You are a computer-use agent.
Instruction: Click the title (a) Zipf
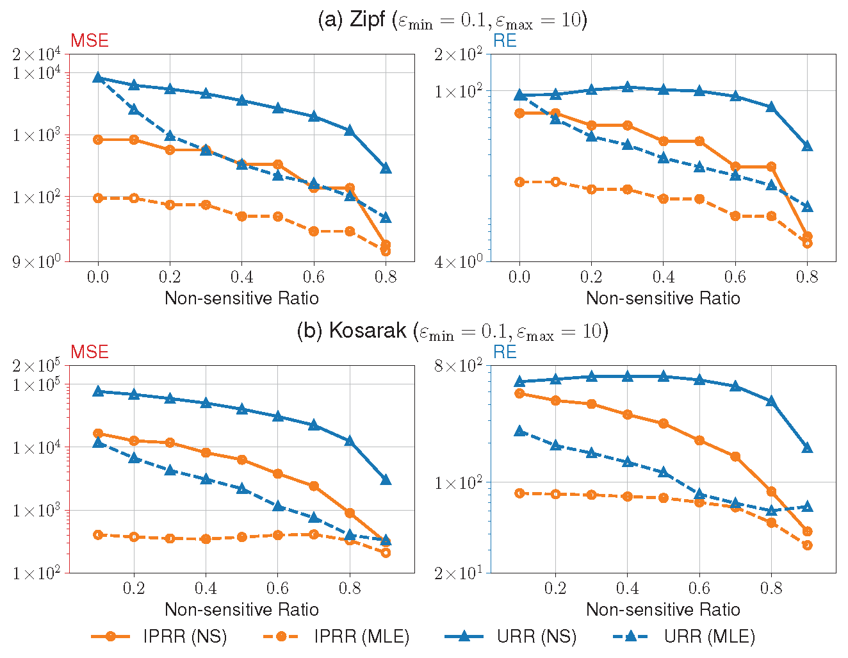(x=452, y=20)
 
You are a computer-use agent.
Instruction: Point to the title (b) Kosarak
(x=452, y=331)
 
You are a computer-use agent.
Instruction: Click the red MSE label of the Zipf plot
(x=89, y=41)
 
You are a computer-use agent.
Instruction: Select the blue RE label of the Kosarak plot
(x=505, y=352)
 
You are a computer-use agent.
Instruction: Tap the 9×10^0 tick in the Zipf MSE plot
(x=36, y=261)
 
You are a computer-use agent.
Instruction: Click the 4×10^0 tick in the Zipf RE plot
(x=457, y=261)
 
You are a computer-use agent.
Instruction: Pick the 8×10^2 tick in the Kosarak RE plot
(x=457, y=366)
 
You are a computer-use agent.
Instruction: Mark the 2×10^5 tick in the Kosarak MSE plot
(x=36, y=366)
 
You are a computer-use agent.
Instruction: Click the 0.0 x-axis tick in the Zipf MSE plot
(x=98, y=277)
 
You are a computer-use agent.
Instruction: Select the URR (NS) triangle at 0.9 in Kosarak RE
(x=808, y=447)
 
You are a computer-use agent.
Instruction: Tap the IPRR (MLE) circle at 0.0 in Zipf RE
(x=519, y=182)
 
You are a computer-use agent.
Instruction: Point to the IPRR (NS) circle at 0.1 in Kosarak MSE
(x=98, y=433)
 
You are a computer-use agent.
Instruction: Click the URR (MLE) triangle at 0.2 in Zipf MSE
(x=170, y=136)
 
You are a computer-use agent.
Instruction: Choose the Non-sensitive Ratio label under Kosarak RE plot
(x=663, y=609)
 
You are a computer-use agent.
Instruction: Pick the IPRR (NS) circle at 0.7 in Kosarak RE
(x=735, y=456)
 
